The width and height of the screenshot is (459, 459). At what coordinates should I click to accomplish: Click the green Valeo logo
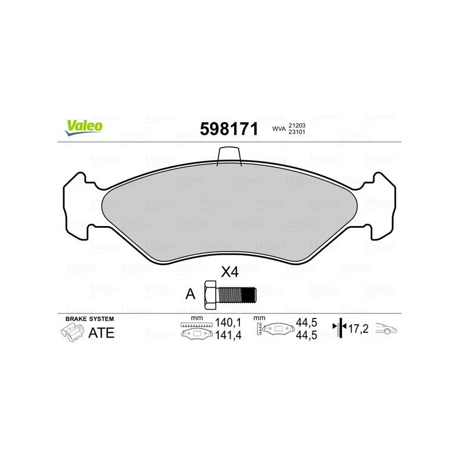click(x=84, y=127)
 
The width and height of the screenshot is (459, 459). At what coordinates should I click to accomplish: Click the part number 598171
click(x=229, y=129)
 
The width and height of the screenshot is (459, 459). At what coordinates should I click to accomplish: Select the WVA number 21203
click(x=297, y=125)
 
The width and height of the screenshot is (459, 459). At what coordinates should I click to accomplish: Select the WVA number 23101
click(x=297, y=132)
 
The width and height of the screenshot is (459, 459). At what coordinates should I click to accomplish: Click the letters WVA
click(x=279, y=129)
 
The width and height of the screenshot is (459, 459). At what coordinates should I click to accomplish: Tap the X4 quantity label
click(x=230, y=272)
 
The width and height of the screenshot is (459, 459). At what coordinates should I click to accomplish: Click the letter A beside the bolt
click(x=190, y=294)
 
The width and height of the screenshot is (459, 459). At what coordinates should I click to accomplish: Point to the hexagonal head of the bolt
click(x=211, y=295)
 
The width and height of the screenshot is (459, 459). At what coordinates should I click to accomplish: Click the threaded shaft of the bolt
click(x=236, y=295)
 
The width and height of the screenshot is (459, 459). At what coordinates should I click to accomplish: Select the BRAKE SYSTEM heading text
click(x=90, y=319)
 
